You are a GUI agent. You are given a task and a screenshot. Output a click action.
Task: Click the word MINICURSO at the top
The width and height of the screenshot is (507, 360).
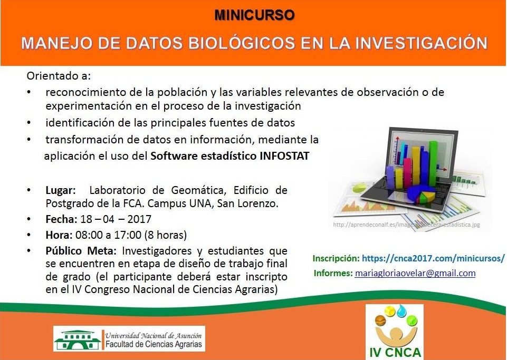click(x=254, y=15)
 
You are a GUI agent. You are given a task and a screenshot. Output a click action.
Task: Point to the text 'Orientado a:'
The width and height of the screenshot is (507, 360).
click(x=59, y=76)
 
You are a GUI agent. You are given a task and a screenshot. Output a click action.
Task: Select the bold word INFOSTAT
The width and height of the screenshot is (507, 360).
click(x=284, y=156)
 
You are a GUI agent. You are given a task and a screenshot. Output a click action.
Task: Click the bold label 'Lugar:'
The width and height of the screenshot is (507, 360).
click(x=61, y=190)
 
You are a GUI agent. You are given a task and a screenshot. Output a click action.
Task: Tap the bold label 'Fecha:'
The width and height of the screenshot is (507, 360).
click(x=61, y=219)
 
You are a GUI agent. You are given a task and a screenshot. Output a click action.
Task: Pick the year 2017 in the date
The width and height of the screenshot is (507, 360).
click(x=139, y=219)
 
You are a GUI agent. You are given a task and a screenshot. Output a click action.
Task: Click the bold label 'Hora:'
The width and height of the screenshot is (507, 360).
click(x=59, y=235)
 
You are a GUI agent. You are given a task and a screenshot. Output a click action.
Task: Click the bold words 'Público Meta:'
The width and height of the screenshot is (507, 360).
click(x=82, y=251)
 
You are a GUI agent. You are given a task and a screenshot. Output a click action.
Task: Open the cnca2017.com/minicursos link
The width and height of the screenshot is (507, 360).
click(x=433, y=258)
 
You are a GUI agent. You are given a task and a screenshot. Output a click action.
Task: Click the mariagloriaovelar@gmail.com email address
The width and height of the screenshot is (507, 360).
click(x=415, y=273)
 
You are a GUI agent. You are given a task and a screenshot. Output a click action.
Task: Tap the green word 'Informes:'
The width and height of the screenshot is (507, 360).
click(x=333, y=273)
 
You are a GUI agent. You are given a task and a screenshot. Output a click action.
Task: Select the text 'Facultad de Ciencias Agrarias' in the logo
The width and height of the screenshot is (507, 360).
click(x=154, y=345)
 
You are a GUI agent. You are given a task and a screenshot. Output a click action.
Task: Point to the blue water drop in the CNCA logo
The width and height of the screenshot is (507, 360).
click(x=402, y=311)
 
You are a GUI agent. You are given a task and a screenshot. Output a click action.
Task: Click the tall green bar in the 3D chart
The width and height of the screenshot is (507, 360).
click(x=433, y=164)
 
